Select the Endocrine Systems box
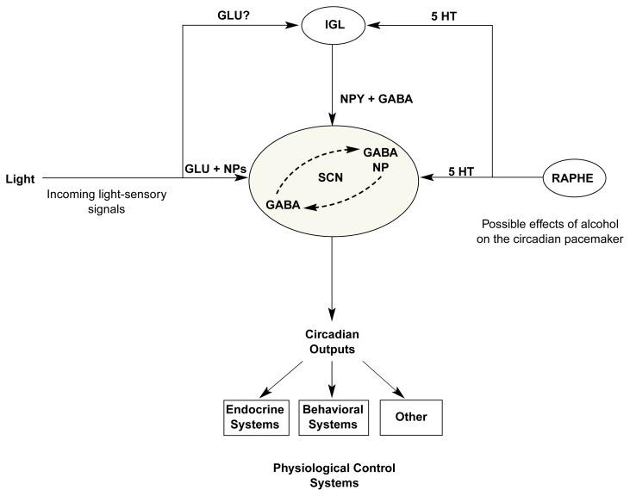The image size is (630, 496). click(x=253, y=418)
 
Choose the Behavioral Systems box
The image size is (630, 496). click(x=332, y=418)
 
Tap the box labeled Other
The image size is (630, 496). click(x=410, y=418)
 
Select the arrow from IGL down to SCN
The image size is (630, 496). click(x=332, y=86)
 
